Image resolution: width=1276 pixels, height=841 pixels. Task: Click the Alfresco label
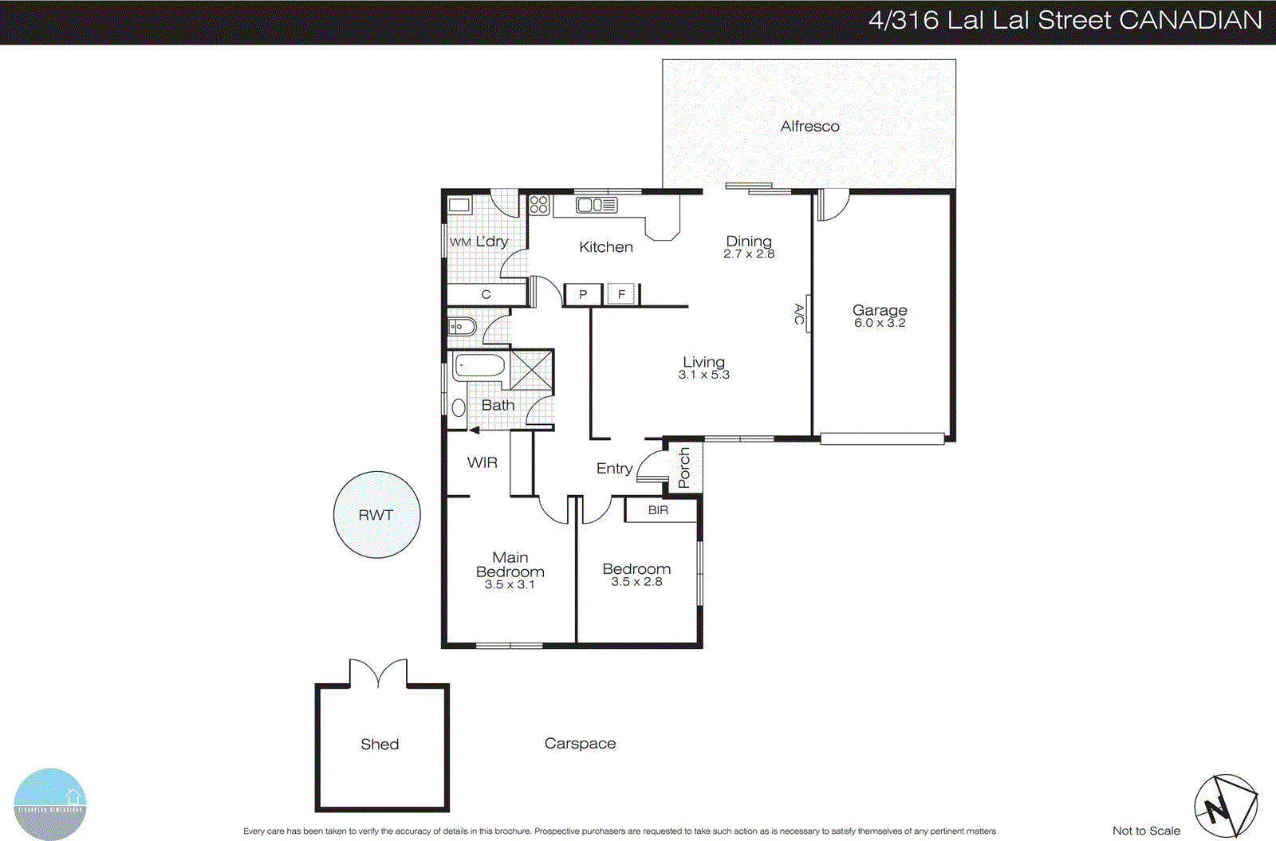coord(809,126)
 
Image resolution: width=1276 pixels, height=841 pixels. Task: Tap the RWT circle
coord(376,515)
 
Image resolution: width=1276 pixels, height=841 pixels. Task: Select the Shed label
coord(380,744)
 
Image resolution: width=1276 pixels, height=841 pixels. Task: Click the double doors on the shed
coord(378,674)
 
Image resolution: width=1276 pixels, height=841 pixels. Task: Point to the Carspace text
coord(580,743)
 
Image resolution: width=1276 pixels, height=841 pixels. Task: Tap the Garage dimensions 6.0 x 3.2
coord(880,323)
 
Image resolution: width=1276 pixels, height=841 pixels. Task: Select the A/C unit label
coord(799,314)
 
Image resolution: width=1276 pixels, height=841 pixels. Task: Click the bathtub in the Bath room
coord(479,366)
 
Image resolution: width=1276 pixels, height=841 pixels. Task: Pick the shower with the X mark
coord(531,370)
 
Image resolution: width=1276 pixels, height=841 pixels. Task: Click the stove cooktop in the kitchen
coord(539,204)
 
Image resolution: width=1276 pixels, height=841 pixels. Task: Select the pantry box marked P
coord(583,294)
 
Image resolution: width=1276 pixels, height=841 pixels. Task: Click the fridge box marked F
coord(622,294)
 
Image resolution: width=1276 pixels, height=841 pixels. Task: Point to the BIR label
coord(658,510)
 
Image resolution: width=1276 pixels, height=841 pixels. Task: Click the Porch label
coord(684,468)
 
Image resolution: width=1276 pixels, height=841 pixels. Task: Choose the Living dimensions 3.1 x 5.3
coord(703,375)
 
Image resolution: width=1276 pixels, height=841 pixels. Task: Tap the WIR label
coord(482,462)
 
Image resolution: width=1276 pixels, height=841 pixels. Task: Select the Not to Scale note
coord(1146,831)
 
